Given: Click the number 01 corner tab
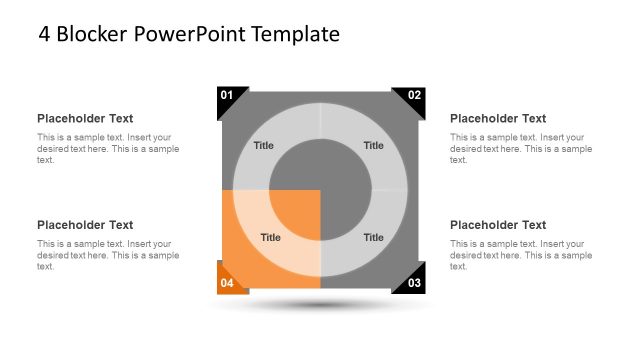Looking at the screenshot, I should [x=227, y=96].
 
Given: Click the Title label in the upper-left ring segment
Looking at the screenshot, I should [x=263, y=146].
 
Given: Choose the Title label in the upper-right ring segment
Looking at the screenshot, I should [x=373, y=146].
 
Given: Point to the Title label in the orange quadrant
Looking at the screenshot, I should [x=270, y=238].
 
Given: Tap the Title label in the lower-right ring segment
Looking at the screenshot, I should [x=373, y=238].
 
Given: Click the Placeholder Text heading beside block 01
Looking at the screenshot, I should [x=85, y=119].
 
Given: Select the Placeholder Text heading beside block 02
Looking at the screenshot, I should [x=498, y=119].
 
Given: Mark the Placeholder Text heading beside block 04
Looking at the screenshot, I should [x=85, y=225].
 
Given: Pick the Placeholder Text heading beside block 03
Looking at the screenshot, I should [x=498, y=225].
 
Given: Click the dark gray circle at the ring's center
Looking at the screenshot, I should [x=320, y=190].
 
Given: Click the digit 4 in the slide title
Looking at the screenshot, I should [x=45, y=35].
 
